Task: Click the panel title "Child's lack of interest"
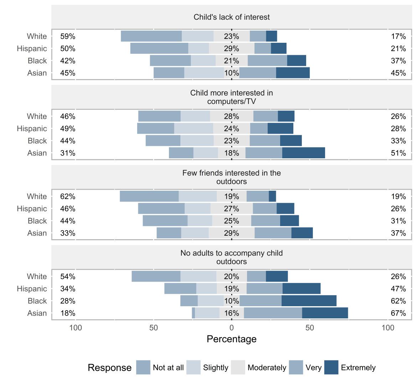click(231, 17)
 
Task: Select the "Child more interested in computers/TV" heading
click(231, 97)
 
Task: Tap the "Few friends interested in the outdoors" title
click(231, 177)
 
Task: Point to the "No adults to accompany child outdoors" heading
click(231, 257)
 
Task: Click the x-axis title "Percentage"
click(231, 339)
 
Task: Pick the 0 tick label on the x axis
click(231, 328)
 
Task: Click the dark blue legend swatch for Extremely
click(331, 368)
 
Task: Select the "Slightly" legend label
click(215, 368)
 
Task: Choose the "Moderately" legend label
click(267, 368)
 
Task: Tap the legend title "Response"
click(109, 368)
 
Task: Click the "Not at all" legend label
click(168, 368)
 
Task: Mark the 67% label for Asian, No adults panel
click(398, 313)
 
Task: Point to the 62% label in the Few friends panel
click(68, 196)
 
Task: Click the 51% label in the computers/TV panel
click(398, 153)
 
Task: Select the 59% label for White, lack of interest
click(68, 36)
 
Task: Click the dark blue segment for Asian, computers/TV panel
click(303, 153)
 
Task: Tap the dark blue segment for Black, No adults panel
click(309, 301)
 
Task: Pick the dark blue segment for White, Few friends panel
click(272, 196)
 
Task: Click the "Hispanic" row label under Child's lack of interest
click(32, 48)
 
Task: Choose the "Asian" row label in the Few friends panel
click(37, 233)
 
